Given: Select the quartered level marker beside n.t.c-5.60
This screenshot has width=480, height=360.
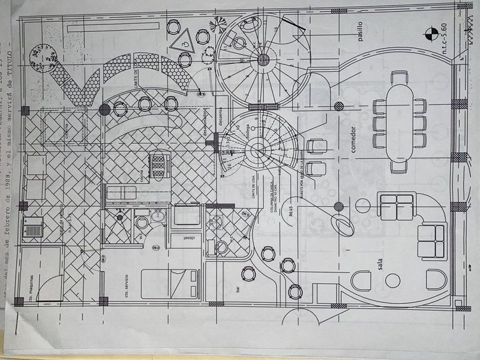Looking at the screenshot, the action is click(x=431, y=32).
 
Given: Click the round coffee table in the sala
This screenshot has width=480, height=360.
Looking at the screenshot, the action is click(x=392, y=281).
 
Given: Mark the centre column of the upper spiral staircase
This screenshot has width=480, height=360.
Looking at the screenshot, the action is click(x=264, y=59).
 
